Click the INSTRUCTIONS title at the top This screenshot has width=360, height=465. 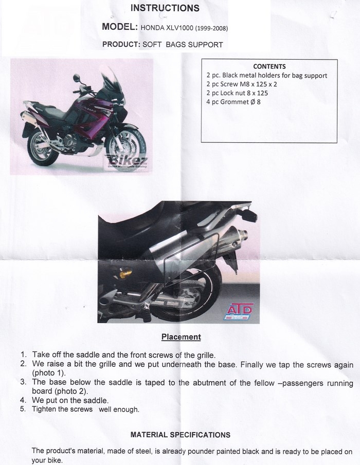[165, 8]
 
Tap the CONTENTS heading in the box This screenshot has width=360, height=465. [269, 66]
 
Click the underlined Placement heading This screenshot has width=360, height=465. [181, 337]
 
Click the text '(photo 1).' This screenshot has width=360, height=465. [50, 373]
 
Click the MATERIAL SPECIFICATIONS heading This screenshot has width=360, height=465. [180, 435]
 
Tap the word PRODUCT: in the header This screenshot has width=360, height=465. [121, 45]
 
